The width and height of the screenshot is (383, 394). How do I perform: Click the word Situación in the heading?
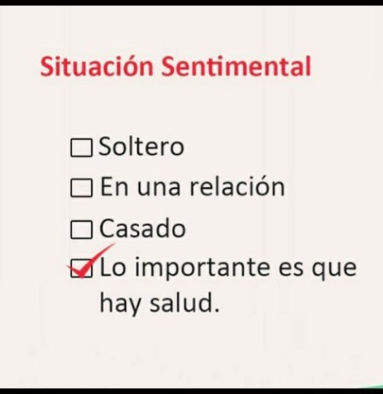pos(97,66)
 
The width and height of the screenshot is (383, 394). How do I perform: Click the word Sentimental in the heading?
pos(236,66)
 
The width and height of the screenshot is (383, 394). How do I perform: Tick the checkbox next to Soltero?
pos(81,147)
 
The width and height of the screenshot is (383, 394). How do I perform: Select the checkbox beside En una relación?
pos(81,188)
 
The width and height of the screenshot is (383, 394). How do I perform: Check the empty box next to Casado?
pos(81,230)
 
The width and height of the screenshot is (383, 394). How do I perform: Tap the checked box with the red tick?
pos(81,269)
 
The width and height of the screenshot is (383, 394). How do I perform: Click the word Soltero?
pos(141,146)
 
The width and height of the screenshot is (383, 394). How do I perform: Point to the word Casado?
pos(142,228)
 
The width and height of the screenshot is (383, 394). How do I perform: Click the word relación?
pos(237,187)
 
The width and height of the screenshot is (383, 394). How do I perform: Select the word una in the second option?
pos(159,188)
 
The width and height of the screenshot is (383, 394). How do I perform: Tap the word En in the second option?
pos(115,187)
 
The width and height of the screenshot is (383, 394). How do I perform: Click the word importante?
pos(202,269)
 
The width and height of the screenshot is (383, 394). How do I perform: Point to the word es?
pos(290,269)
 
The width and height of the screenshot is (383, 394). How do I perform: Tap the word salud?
pos(181,302)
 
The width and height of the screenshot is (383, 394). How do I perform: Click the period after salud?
pos(216,310)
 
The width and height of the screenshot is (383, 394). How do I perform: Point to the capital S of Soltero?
pos(105,146)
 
